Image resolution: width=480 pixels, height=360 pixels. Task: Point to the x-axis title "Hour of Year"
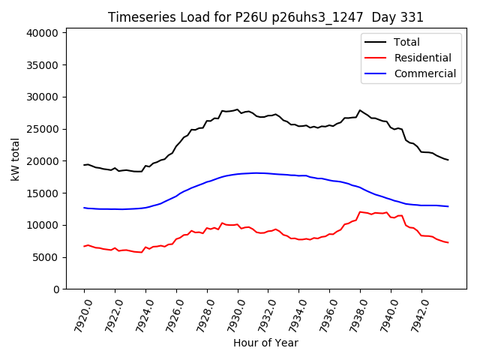tap(265, 343)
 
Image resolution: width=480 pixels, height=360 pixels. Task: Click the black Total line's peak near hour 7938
tap(360, 110)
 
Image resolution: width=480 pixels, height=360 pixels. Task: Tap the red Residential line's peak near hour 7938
tap(360, 211)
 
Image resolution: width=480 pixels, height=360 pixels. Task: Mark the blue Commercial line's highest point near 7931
tap(256, 173)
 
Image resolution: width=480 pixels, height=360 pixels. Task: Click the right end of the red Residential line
tap(448, 242)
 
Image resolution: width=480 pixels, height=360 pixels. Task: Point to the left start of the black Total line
tap(84, 165)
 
